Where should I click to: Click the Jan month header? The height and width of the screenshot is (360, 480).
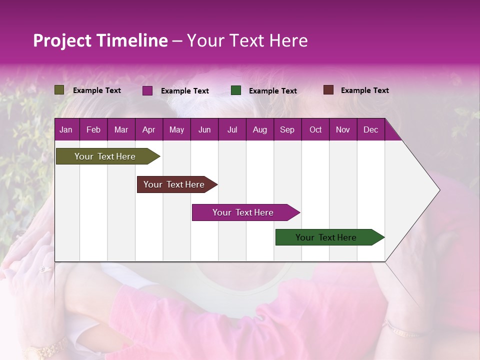pos(66,129)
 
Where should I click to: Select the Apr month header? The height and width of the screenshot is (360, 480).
pos(148,129)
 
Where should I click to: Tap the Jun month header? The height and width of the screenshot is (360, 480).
pos(204,129)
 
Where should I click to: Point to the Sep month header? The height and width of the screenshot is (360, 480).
pos(287,129)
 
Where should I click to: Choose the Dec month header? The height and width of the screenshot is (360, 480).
pos(370,129)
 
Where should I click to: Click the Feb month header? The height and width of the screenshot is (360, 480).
pos(93,129)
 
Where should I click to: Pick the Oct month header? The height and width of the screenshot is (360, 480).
pos(315,129)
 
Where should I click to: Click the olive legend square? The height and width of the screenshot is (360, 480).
pos(59,90)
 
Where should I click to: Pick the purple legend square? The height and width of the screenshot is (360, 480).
pos(147,90)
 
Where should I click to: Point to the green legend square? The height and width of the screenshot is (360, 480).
pos(236,90)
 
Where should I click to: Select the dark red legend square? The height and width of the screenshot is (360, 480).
pos(328,90)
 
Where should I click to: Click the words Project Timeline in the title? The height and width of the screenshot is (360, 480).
pos(100,40)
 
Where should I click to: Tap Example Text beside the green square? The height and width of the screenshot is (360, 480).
pos(272,91)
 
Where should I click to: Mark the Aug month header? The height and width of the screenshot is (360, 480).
pos(259,129)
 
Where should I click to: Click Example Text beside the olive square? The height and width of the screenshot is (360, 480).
pos(96,90)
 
